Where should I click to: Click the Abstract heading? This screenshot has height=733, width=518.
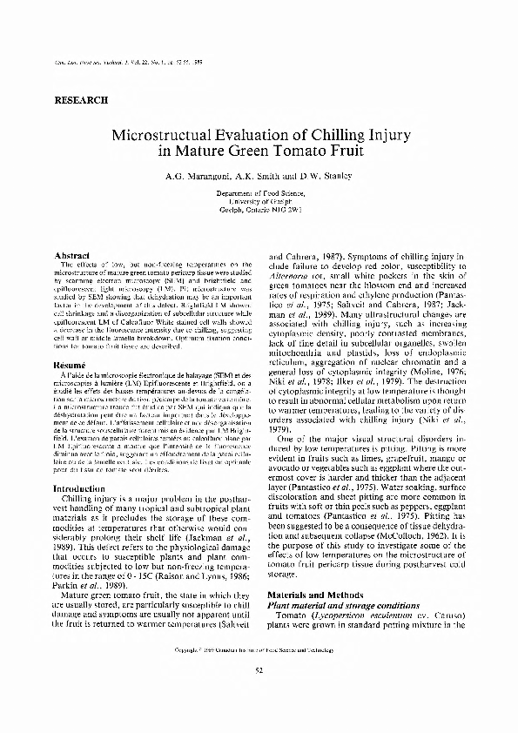point(70,255)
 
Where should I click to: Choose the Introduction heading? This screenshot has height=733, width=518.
point(79,488)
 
